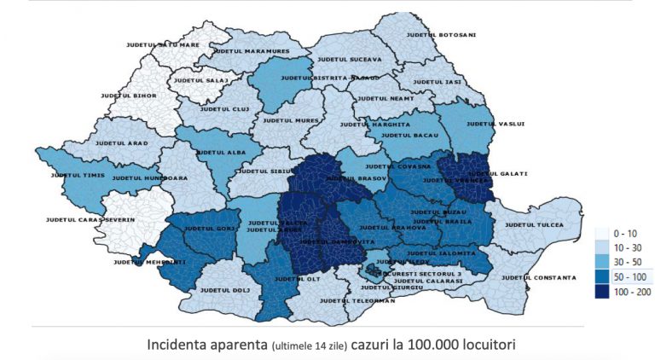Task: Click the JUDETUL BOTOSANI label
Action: click(x=442, y=35)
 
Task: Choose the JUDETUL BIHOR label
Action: click(x=129, y=96)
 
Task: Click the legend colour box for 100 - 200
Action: click(x=601, y=290)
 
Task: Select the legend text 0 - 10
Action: click(x=630, y=232)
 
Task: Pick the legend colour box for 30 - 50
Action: click(x=601, y=261)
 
